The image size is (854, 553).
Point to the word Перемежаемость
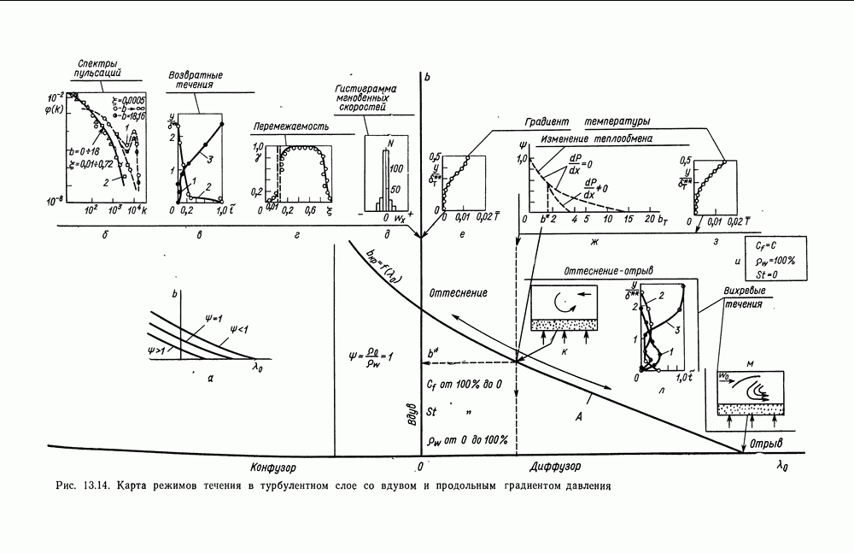tap(290, 126)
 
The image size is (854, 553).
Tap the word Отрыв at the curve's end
tap(766, 443)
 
